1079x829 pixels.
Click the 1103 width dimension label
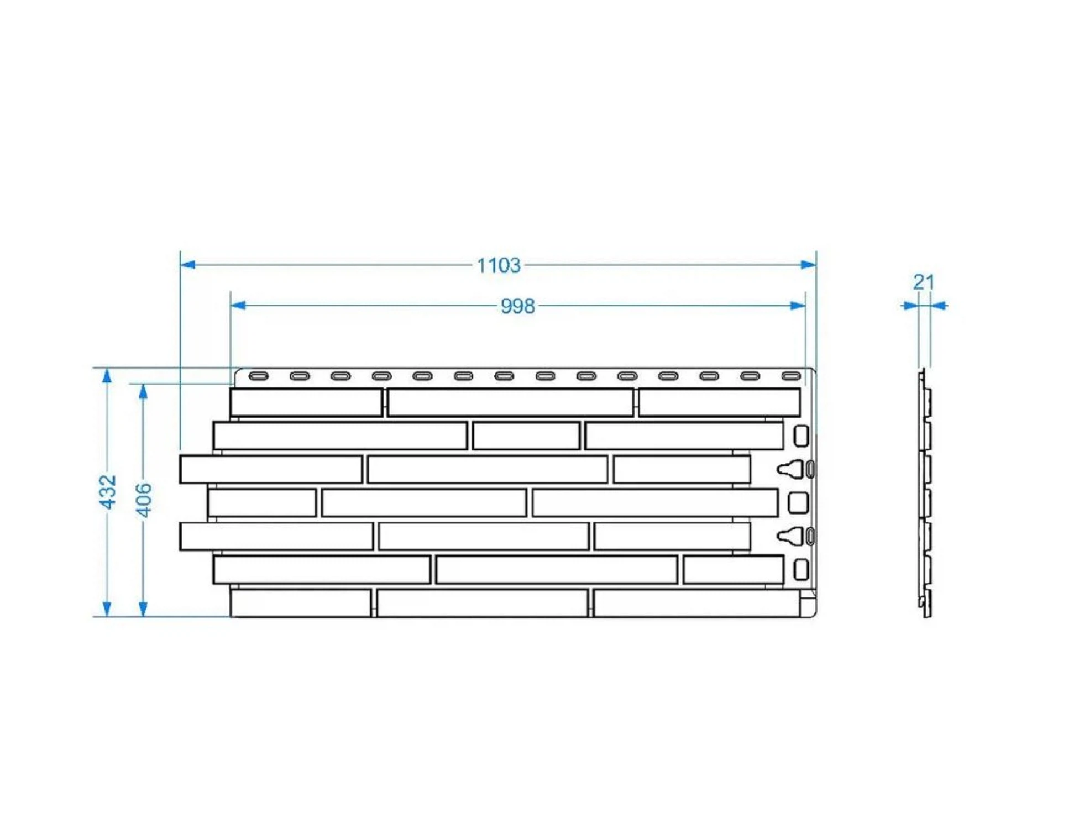pos(499,266)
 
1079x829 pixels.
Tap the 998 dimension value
pos(517,306)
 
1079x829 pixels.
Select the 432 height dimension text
pos(107,491)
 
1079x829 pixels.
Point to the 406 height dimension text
pos(144,500)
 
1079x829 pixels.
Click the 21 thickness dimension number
pos(924,282)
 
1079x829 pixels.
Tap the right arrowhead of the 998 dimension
pos(798,306)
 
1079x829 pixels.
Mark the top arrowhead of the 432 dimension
pos(107,376)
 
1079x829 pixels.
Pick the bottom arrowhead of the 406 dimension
pos(143,609)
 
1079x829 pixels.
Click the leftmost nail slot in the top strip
pos(259,376)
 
